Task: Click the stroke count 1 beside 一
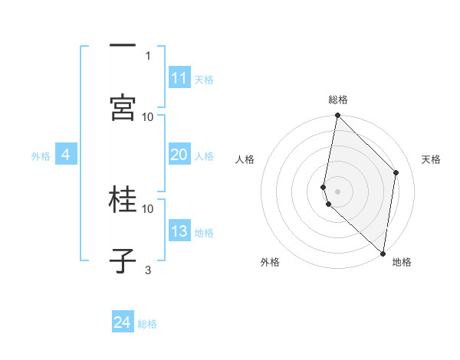148,55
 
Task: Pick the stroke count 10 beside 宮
148,116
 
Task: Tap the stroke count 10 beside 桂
148,208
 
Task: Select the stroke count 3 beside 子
148,270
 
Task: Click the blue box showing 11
179,78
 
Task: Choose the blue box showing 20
179,155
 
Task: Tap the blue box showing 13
179,231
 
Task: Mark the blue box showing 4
66,155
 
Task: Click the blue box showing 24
123,322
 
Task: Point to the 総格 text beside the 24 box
147,324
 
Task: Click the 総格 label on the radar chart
338,100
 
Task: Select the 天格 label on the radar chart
431,159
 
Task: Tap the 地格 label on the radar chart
402,262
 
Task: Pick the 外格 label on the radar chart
270,262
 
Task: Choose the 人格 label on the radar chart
245,159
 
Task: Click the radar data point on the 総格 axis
337,116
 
